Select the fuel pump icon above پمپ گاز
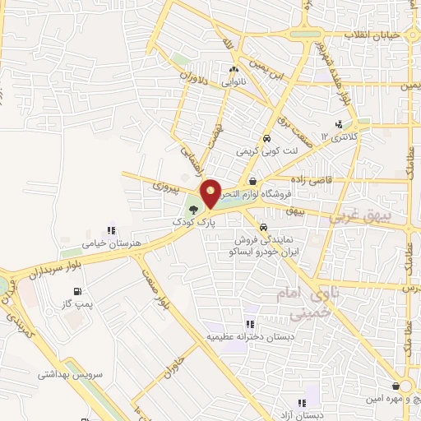tap(76, 291)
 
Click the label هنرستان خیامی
tap(113, 244)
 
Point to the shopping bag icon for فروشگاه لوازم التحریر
tap(252, 182)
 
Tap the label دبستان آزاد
tap(302, 415)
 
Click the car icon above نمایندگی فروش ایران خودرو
tap(262, 229)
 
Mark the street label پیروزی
tap(165, 188)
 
